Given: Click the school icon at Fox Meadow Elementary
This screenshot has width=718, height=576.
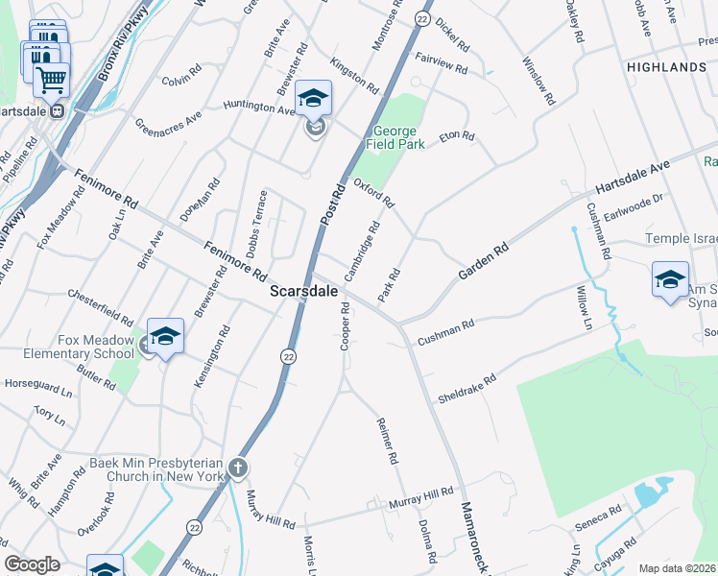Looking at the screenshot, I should pos(165,336).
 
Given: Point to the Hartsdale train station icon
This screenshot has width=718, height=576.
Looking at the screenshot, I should pos(58,110).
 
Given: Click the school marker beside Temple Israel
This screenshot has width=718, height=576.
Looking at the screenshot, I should pos(669,279).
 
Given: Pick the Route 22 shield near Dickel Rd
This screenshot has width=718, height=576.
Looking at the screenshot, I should pos(421,19).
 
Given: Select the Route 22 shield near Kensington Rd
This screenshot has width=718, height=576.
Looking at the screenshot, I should pos(288,356).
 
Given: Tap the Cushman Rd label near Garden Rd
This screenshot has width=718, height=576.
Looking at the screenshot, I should pos(445,334).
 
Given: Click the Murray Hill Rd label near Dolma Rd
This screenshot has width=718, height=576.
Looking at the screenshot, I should pos(420,497).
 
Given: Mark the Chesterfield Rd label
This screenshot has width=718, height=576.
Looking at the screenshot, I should pos(100,304).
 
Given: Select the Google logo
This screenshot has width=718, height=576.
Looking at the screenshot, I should pos(32,564).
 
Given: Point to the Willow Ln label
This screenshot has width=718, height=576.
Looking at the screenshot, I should pos(585,307).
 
